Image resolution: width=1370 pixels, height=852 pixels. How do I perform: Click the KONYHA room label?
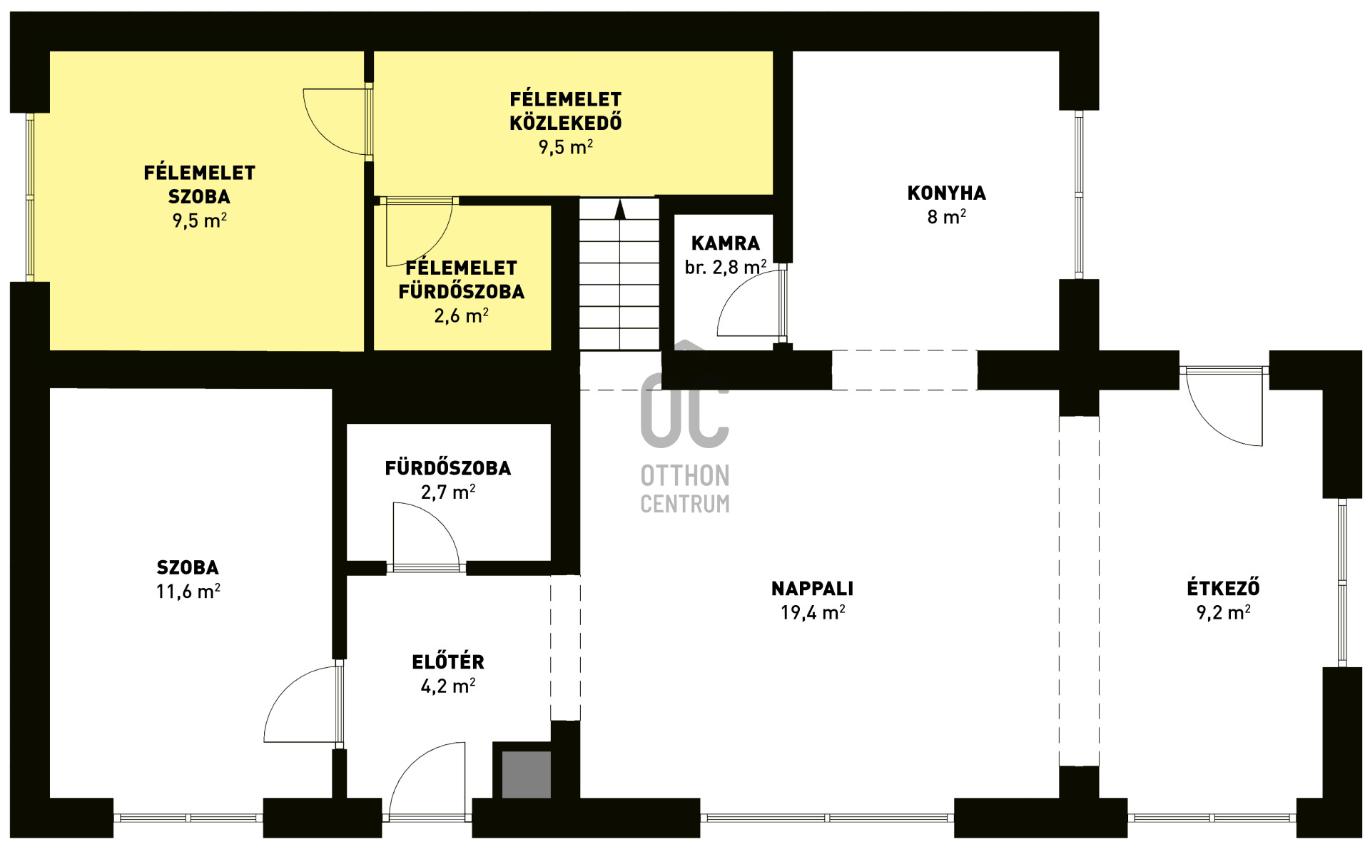[946, 193]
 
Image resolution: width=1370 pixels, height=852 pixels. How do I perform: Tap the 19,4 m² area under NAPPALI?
[813, 612]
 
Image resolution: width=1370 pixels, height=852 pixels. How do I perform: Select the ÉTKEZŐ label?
[1223, 588]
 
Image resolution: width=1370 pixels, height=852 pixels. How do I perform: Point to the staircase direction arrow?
[620, 209]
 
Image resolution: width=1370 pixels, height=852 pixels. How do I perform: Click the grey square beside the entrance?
[527, 774]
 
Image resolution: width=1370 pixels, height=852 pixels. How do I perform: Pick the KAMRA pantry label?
[726, 243]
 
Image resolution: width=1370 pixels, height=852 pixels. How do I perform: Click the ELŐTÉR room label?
[448, 662]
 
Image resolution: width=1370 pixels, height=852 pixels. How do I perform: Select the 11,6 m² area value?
[188, 592]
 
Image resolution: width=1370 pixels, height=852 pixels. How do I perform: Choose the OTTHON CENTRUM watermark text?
[685, 490]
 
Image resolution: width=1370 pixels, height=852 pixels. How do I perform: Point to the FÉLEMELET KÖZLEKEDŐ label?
[566, 111]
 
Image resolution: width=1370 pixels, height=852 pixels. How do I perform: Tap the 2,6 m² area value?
[461, 315]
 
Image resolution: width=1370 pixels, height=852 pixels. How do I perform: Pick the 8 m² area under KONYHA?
[946, 216]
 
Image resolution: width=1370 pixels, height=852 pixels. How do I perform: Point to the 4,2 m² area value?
[448, 686]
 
